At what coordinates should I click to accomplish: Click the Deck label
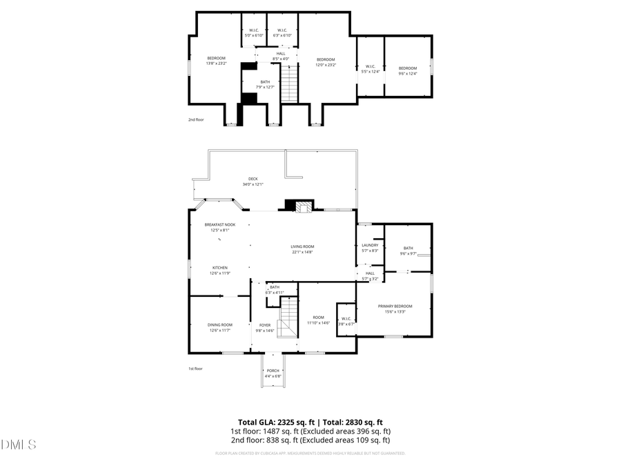tap(253, 182)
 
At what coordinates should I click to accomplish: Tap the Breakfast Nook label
tap(220, 227)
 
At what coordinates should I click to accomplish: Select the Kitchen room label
tap(220, 270)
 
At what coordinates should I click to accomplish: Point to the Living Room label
tap(302, 249)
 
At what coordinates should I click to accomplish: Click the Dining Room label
tap(220, 327)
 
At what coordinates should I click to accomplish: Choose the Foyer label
tap(265, 327)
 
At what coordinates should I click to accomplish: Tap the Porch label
tap(273, 373)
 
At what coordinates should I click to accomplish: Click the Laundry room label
tap(370, 247)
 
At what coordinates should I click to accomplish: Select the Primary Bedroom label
tap(395, 309)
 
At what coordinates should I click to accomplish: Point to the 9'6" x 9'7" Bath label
tap(408, 251)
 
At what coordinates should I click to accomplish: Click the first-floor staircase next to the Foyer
tap(288, 317)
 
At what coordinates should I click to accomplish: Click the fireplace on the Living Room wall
tap(302, 206)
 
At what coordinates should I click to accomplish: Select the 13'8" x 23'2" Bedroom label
tap(216, 61)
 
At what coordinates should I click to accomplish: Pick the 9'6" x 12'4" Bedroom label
tap(408, 70)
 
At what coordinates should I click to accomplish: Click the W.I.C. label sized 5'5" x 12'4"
tap(370, 69)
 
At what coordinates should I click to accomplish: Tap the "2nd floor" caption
tap(196, 119)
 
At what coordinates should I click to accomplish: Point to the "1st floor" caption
tap(196, 369)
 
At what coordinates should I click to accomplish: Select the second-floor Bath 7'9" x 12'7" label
tap(265, 84)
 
